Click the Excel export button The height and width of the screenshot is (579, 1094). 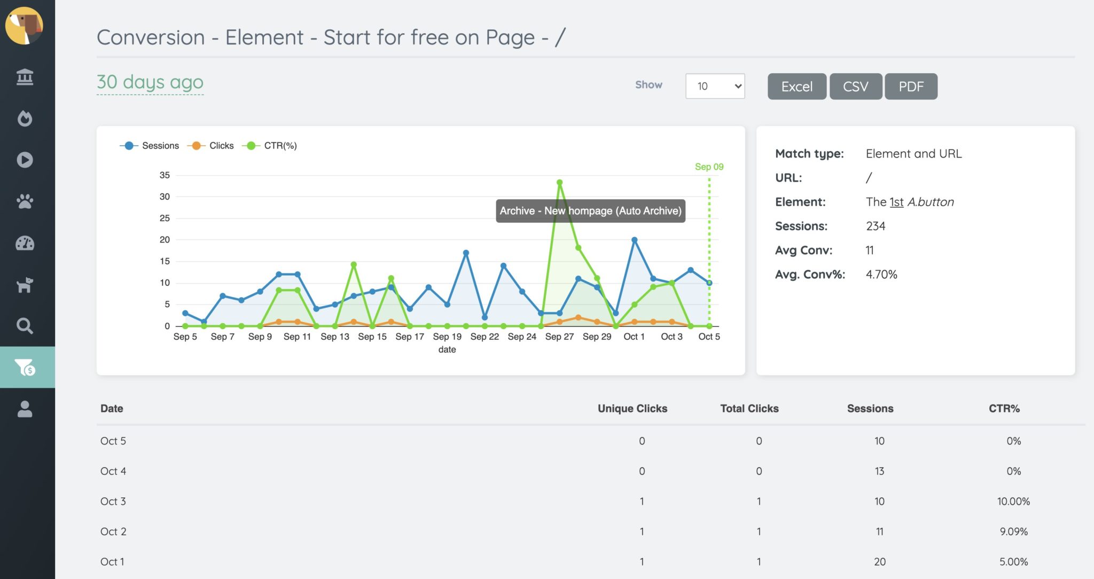pos(796,87)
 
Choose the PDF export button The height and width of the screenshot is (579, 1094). pos(911,87)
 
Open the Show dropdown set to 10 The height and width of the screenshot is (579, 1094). pos(715,86)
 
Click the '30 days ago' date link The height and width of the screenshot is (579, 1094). pos(150,82)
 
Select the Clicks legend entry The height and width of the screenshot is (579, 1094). pos(211,145)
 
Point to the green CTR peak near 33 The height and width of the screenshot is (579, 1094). pos(559,183)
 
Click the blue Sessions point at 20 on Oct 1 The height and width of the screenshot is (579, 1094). pos(634,240)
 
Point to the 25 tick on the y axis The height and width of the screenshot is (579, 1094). pos(165,218)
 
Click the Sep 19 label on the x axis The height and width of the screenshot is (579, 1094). pos(447,337)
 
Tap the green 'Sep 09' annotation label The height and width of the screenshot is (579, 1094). pos(709,167)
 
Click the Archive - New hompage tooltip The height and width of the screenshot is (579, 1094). pos(590,211)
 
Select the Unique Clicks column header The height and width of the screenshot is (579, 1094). pos(632,409)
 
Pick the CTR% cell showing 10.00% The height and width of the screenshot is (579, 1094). pos(1013,502)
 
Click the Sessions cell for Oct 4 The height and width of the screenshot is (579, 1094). pos(879,471)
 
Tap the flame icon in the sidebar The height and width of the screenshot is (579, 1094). pos(25,118)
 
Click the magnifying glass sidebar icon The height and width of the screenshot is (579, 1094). pos(25,325)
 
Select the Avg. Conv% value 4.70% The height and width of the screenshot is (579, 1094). pos(881,275)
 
